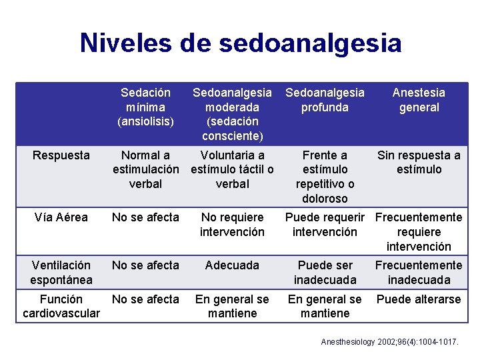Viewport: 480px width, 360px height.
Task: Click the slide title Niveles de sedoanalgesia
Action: pos(241,43)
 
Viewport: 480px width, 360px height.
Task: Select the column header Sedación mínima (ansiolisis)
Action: pos(145,107)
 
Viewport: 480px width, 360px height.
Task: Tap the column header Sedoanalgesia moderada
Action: pos(232,114)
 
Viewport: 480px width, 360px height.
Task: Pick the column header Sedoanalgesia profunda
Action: pos(325,100)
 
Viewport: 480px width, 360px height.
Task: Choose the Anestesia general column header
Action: pos(419,100)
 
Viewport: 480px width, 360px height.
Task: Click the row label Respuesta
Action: pos(61,155)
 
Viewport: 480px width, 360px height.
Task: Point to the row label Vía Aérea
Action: pos(61,217)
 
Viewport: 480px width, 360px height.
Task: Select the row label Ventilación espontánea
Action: pos(61,273)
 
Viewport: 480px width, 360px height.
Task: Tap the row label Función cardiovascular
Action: pos(61,306)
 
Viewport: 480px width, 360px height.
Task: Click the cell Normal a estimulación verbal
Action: pos(145,169)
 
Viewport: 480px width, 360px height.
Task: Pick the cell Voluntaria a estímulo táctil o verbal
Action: pos(232,169)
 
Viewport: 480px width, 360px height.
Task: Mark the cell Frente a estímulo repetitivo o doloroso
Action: pos(325,177)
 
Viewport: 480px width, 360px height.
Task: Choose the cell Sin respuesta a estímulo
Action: pos(419,162)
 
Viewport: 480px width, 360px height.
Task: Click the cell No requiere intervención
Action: pos(232,225)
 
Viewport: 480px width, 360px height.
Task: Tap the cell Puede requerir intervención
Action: pos(325,225)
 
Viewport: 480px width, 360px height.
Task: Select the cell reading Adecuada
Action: pos(232,265)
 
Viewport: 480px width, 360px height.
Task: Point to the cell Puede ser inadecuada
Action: pos(325,273)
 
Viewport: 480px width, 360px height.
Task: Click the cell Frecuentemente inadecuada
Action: pos(419,273)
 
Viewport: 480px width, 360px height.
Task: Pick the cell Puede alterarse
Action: pos(419,299)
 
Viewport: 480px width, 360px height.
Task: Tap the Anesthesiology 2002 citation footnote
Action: pos(390,342)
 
